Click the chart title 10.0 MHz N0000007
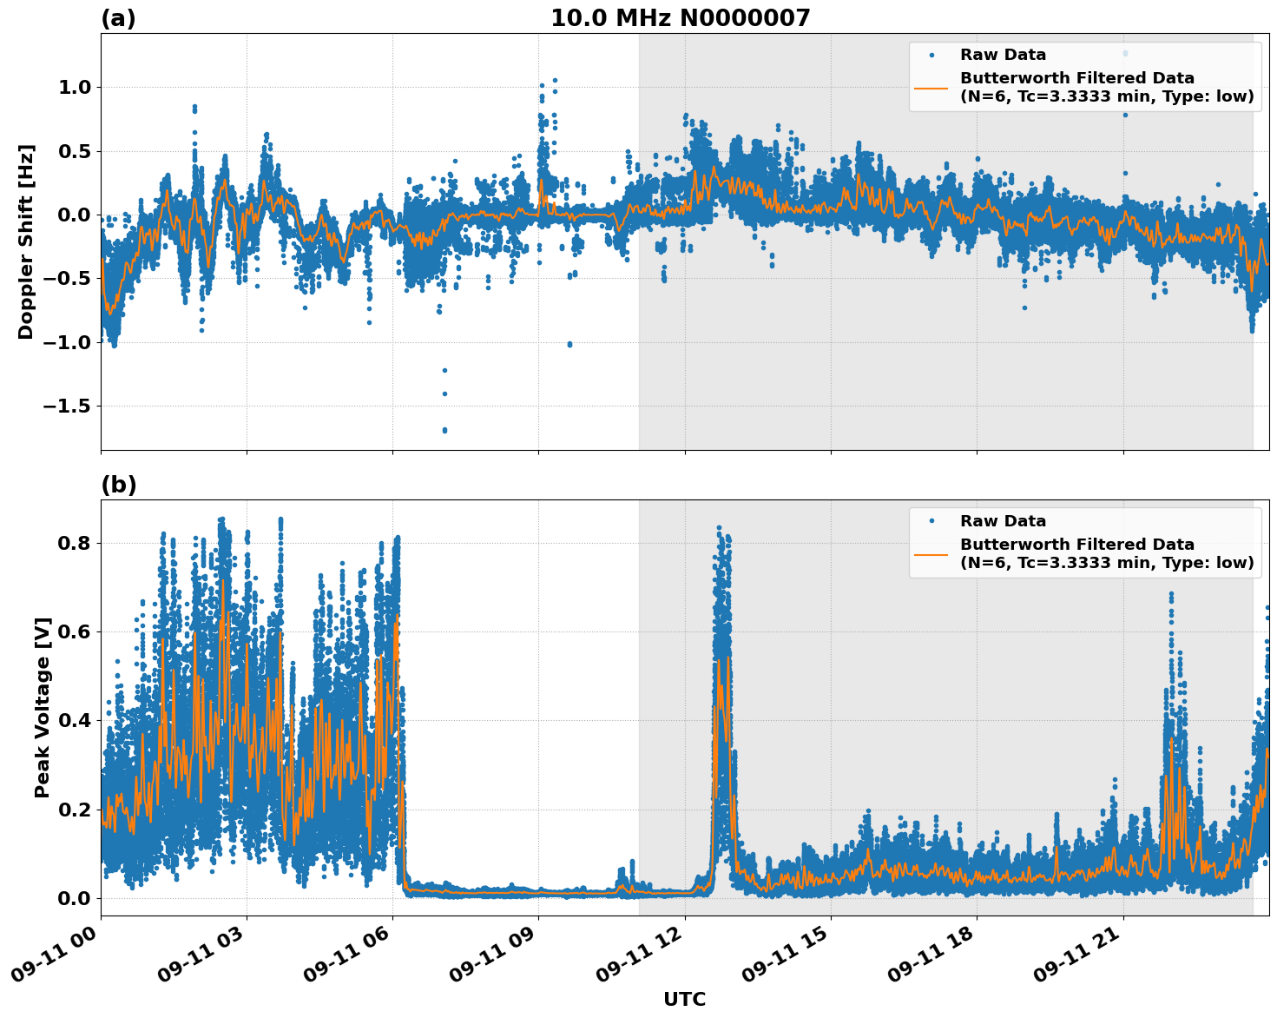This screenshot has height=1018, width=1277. tap(680, 18)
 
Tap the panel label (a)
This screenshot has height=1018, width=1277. tap(118, 18)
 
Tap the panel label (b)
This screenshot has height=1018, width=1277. tap(118, 485)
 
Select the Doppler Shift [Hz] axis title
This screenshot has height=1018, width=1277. tap(26, 241)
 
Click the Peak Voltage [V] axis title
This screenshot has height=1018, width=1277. tap(42, 707)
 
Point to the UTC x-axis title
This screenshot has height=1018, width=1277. tap(684, 999)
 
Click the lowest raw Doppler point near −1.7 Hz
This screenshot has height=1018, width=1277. tap(444, 430)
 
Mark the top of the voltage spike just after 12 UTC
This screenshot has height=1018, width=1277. tap(719, 527)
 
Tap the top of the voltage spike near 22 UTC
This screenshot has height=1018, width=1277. tap(1171, 594)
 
